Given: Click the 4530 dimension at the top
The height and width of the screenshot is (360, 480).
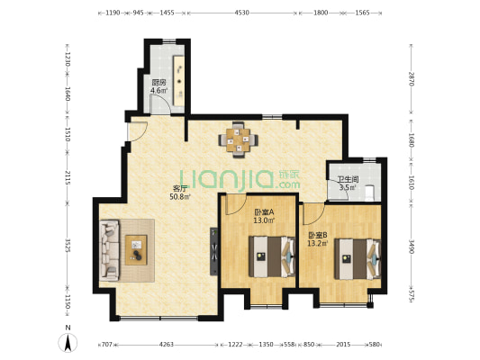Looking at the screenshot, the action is pyautogui.click(x=241, y=13).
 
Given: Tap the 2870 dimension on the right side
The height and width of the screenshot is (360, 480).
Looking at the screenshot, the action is pyautogui.click(x=412, y=79).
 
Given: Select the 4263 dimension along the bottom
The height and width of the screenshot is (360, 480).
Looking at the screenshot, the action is pyautogui.click(x=167, y=345).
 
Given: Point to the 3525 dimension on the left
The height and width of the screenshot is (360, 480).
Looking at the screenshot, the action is pyautogui.click(x=68, y=246).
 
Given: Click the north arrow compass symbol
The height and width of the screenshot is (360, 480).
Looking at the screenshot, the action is pyautogui.click(x=68, y=342).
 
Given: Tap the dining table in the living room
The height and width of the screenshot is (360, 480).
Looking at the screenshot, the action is pyautogui.click(x=238, y=139).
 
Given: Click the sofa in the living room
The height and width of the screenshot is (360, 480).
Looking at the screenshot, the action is pyautogui.click(x=110, y=250).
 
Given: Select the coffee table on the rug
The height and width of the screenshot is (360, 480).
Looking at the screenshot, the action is pyautogui.click(x=136, y=250).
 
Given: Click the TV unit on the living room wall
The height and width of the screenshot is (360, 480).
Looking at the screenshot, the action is pyautogui.click(x=213, y=251).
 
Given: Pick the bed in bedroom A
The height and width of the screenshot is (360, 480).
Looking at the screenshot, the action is pyautogui.click(x=272, y=256).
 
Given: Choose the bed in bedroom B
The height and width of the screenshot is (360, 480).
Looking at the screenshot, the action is pyautogui.click(x=358, y=259).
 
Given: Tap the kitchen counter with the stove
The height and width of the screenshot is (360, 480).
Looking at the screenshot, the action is pyautogui.click(x=179, y=80).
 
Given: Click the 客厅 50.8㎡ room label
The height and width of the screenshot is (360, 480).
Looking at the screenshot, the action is pyautogui.click(x=180, y=193).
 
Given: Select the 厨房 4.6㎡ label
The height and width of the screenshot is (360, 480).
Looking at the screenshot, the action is pyautogui.click(x=159, y=86).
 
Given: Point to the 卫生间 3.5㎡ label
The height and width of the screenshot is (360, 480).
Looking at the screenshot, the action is pyautogui.click(x=348, y=184).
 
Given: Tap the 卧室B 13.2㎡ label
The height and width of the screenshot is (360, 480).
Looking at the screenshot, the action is pyautogui.click(x=318, y=239).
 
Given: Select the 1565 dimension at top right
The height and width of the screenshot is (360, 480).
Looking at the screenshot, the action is pyautogui.click(x=362, y=13).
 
